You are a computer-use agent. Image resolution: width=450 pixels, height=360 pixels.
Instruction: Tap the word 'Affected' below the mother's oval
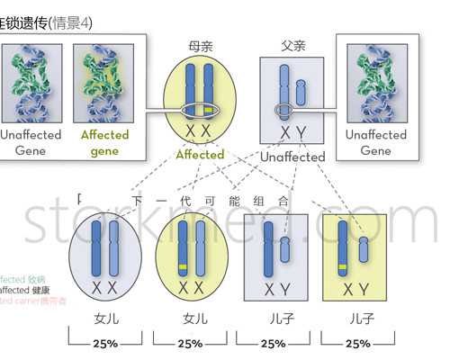200,155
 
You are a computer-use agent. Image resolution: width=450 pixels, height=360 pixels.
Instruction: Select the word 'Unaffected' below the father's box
292,157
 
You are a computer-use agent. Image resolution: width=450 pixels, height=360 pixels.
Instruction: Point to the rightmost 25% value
357,343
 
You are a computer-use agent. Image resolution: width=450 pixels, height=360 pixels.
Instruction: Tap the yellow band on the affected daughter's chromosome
183,269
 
